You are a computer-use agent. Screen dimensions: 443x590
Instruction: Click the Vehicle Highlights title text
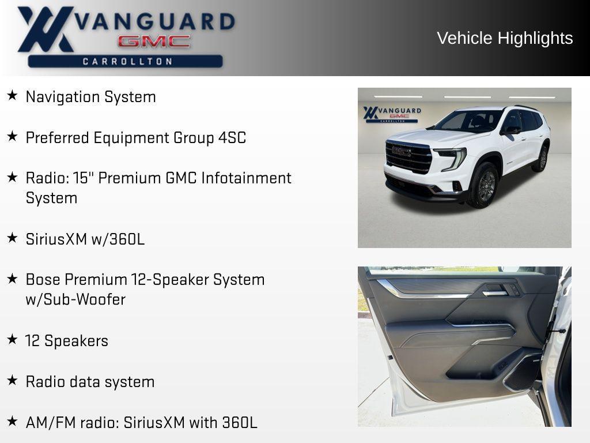point(505,38)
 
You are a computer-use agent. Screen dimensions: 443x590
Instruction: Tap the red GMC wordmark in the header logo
point(154,42)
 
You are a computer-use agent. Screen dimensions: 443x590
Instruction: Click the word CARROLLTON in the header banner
point(127,61)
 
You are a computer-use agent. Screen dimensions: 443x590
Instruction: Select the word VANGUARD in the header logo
point(156,21)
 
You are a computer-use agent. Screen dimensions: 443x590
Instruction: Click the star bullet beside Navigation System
point(12,96)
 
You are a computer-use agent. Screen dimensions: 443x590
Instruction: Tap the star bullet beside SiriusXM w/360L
point(12,238)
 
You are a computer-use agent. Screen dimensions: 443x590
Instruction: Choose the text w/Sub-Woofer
point(75,300)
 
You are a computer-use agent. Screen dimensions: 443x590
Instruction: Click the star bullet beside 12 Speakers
point(12,340)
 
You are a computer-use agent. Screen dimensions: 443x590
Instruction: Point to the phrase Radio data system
point(90,382)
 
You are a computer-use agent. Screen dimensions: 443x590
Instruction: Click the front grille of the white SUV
point(409,156)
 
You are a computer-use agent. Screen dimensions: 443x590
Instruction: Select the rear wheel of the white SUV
point(542,159)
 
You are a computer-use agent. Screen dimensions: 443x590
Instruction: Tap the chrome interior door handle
point(495,292)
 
